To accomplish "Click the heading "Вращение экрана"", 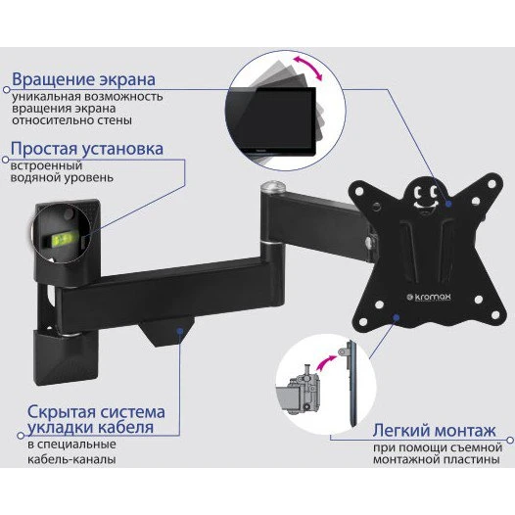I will coord(83,79).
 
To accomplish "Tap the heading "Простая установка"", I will coord(86,150).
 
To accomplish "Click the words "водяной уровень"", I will coord(60,180).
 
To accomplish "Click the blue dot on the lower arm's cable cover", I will coord(181,332).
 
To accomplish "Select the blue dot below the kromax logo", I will coord(395,317).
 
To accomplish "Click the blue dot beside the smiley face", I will coord(445,204).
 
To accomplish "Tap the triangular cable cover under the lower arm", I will coord(165,333).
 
